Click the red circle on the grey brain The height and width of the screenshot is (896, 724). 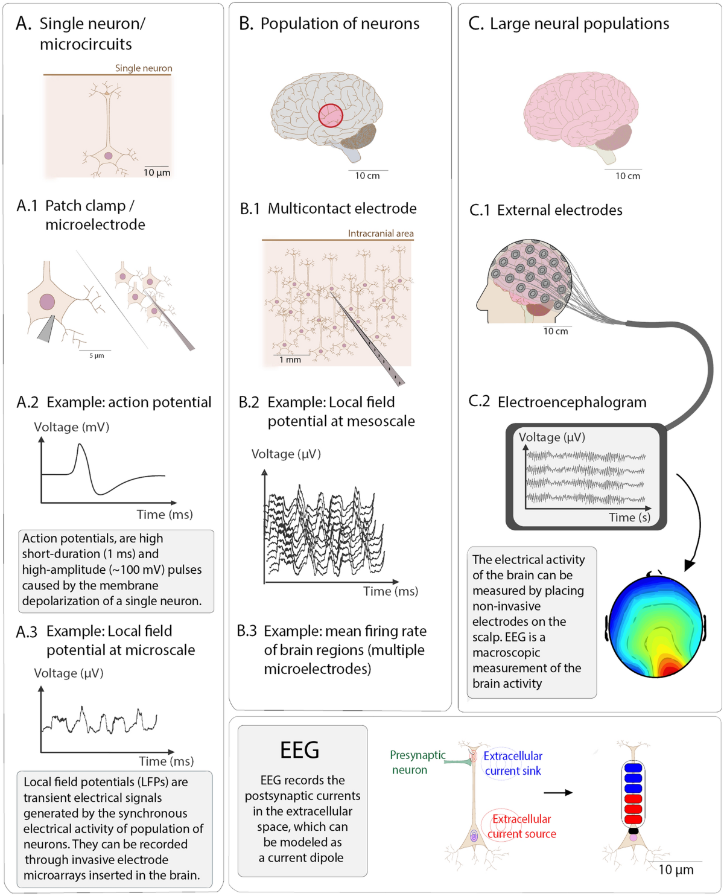click(331, 115)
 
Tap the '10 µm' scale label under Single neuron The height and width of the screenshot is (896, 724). click(157, 173)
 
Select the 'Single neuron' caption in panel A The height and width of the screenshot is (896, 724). click(144, 68)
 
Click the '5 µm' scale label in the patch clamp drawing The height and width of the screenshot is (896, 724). click(97, 355)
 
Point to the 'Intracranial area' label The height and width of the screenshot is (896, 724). click(380, 234)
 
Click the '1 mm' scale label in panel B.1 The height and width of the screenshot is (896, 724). click(290, 360)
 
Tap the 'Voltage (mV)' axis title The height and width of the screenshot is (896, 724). click(72, 427)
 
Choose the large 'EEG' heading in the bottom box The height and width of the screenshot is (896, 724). click(300, 750)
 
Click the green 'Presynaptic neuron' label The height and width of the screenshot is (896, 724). click(417, 762)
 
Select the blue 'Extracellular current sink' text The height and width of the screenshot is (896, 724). click(513, 763)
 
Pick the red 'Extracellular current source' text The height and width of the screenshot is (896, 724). click(522, 826)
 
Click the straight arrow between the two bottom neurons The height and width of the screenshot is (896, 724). click(558, 792)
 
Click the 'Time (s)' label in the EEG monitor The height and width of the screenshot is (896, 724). click(629, 518)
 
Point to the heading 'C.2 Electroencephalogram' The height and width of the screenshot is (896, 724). click(558, 402)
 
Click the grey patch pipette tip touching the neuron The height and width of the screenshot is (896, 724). click(45, 329)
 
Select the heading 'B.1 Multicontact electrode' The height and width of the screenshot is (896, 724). click(329, 209)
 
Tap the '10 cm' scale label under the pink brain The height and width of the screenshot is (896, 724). click(627, 176)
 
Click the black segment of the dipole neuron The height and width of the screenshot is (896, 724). click(633, 830)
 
